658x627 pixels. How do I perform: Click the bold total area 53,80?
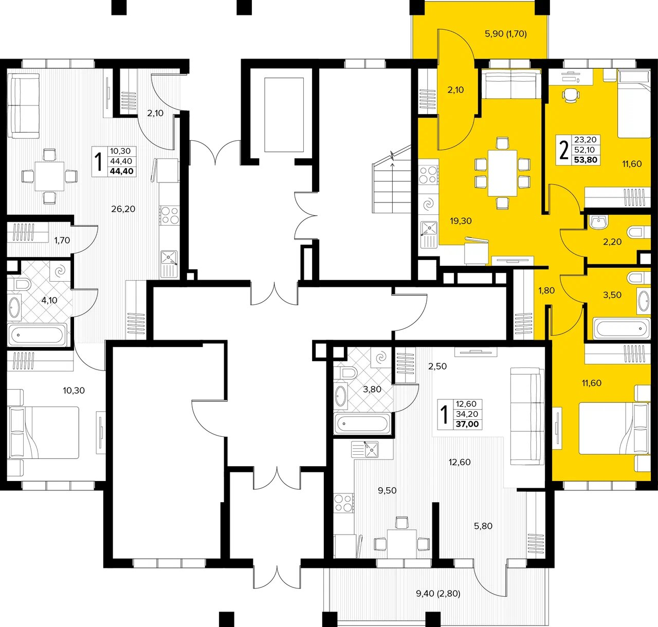586,160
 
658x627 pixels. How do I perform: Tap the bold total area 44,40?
121,171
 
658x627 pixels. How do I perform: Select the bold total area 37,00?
467,424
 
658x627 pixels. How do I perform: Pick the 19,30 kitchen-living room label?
461,221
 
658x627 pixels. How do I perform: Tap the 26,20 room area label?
123,209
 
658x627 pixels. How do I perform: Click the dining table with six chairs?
502,173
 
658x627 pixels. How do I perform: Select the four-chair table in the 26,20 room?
49,176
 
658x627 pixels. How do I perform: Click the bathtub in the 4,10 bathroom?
35,334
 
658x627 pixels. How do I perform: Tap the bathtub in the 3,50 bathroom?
622,329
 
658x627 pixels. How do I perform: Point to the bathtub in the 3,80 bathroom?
362,424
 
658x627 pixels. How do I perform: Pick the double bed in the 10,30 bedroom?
44,432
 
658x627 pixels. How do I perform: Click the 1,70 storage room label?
62,240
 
